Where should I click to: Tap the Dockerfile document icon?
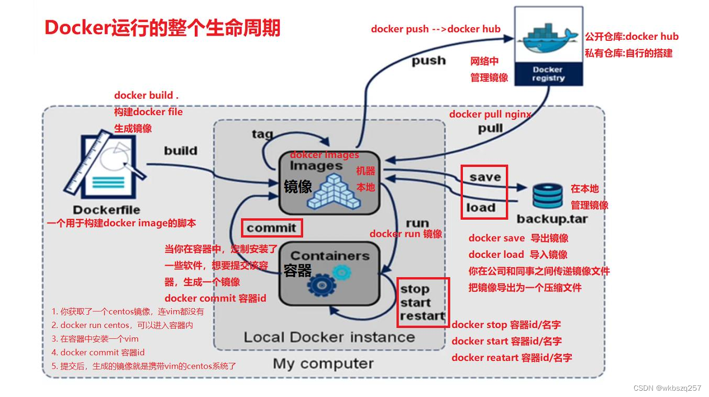105,164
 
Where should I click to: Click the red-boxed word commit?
271,228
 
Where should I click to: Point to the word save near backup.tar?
485,177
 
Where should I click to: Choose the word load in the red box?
481,208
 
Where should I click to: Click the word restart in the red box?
422,316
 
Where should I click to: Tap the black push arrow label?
428,61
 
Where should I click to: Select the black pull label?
490,128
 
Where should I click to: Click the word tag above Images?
262,134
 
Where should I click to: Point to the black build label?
181,151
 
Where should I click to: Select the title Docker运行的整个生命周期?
162,28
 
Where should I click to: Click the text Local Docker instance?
329,337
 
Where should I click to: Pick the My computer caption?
323,364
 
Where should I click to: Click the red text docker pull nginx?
490,114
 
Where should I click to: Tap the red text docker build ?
146,95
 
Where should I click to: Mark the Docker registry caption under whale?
548,74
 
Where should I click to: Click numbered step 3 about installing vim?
95,339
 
